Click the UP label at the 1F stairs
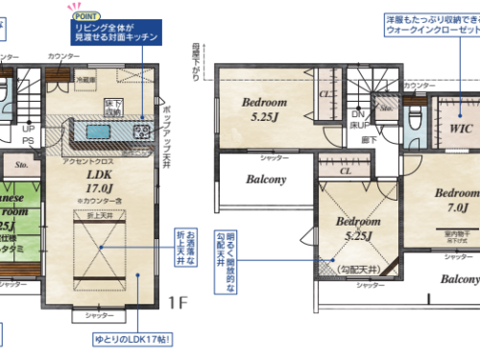28,128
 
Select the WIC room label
457,124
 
